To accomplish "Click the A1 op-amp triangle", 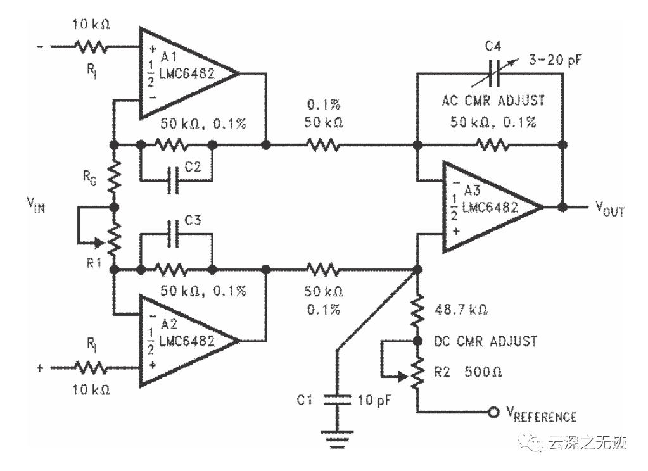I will click(x=184, y=73).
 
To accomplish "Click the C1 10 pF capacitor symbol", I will click(x=338, y=399).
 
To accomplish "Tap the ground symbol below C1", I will click(x=338, y=437).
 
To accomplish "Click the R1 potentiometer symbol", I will click(x=115, y=238).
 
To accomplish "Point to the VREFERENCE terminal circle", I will click(x=492, y=413).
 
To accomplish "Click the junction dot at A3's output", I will click(x=561, y=207).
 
